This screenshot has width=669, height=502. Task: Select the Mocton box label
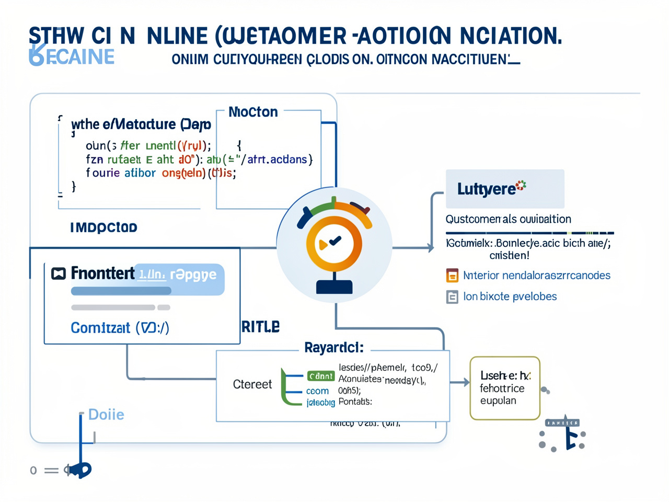point(253,112)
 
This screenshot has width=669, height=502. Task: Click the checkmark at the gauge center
point(334,241)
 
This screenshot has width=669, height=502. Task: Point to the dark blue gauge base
point(334,287)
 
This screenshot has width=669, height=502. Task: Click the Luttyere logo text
point(487,189)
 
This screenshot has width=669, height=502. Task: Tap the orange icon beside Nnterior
point(452,276)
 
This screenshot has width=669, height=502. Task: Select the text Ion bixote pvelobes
point(510,296)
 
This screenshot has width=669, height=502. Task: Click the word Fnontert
point(102,273)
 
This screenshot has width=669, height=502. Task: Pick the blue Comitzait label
point(120,328)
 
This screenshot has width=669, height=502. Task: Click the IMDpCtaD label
point(103,227)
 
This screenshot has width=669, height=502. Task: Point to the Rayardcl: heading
point(333,347)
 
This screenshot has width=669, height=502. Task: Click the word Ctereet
point(252,384)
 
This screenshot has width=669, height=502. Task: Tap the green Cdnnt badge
point(320,376)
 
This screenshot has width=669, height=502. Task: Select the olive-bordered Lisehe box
point(504,388)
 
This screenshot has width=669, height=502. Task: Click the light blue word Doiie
point(106,415)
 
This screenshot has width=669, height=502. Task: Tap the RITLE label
point(260,327)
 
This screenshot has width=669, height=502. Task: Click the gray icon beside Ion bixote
point(452,297)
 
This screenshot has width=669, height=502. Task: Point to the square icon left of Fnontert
point(59,273)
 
